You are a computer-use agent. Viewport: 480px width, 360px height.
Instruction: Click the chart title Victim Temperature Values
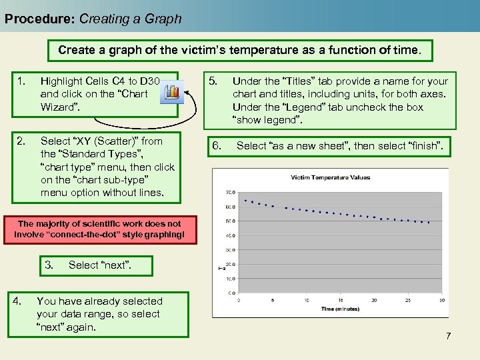[x=331, y=177]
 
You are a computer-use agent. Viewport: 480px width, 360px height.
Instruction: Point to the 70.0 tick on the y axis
[x=230, y=192]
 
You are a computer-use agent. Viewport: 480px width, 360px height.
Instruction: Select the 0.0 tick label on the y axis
[x=231, y=293]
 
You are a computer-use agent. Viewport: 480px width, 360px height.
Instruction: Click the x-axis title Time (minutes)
[x=340, y=309]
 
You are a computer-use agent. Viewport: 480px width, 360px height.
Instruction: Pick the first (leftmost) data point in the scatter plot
[x=245, y=200]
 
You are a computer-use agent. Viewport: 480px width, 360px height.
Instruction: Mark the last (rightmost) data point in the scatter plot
[x=429, y=222]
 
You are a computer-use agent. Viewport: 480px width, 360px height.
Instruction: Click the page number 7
[x=448, y=335]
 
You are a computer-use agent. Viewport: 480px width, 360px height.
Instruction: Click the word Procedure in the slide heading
[x=39, y=19]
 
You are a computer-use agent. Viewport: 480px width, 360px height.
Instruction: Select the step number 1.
[x=21, y=81]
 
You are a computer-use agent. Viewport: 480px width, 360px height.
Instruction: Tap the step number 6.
[x=216, y=145]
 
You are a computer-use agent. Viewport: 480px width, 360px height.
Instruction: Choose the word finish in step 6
[x=430, y=145]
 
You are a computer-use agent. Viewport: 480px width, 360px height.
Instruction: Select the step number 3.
[x=49, y=265]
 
